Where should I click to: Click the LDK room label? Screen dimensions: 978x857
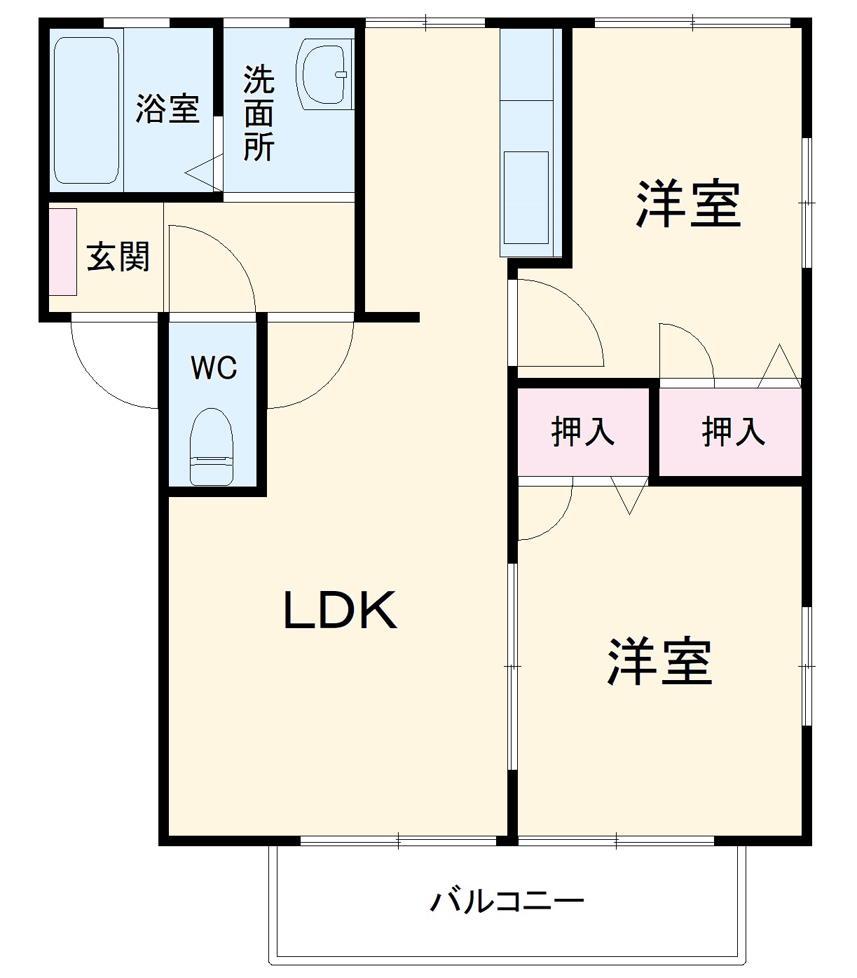click(341, 610)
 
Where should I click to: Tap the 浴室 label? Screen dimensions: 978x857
click(168, 109)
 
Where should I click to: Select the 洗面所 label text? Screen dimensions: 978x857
click(259, 114)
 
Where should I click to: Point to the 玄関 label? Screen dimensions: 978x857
click(118, 257)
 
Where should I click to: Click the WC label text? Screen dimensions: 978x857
click(214, 367)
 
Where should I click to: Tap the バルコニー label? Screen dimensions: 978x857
click(507, 901)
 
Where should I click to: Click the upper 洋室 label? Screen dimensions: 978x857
click(688, 204)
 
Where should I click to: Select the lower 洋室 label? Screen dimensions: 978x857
click(659, 661)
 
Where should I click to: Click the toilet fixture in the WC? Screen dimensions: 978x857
click(211, 447)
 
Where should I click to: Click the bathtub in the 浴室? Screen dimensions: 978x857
click(86, 110)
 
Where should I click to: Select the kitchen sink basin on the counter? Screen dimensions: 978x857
click(526, 197)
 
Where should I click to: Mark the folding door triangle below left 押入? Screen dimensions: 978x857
click(629, 494)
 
